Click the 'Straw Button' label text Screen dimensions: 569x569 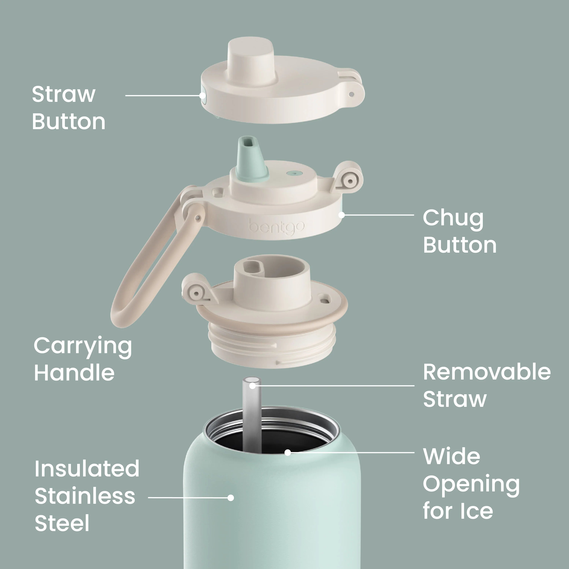tap(68, 108)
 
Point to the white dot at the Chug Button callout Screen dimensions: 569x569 tap(342, 215)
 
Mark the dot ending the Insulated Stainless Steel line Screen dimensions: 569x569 tap(231, 498)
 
